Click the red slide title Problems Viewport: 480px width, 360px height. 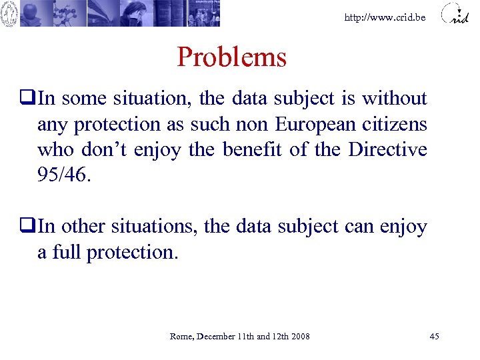231,57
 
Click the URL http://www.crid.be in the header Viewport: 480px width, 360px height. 385,17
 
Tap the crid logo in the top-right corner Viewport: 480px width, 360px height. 455,14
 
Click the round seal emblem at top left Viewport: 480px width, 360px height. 9,13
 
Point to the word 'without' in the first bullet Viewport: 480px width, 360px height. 395,99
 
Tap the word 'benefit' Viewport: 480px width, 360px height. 252,149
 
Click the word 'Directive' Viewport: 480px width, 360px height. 388,149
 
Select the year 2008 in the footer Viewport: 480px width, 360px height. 299,336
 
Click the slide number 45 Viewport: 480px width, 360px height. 434,336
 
